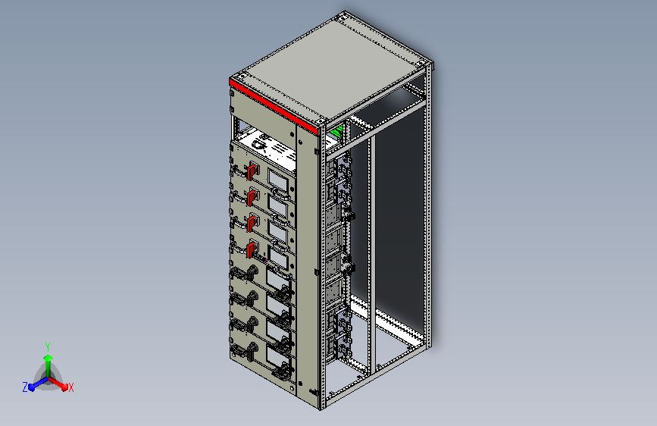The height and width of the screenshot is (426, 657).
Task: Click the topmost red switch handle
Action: click(x=252, y=172)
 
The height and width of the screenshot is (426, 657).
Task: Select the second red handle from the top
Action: click(x=252, y=197)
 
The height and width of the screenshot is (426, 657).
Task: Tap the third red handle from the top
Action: click(x=252, y=222)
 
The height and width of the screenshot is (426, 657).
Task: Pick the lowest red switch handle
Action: click(x=252, y=249)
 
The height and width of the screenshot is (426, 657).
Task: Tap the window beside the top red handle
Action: click(x=278, y=181)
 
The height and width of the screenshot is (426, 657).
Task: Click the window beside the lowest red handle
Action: click(x=278, y=258)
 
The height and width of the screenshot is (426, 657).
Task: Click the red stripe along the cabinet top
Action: click(x=274, y=107)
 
